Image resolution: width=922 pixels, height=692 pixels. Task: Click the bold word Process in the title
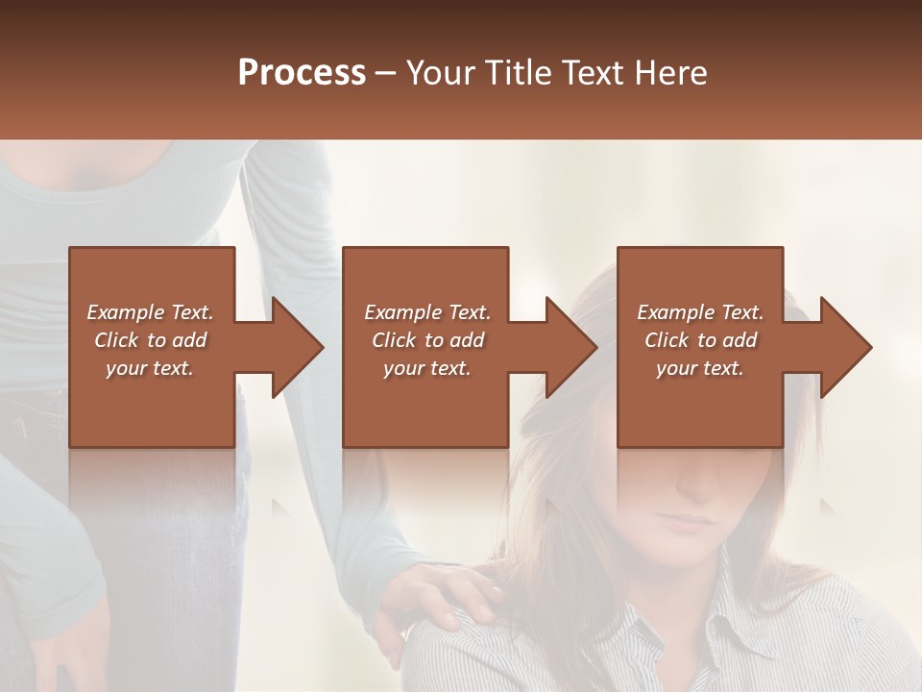302,72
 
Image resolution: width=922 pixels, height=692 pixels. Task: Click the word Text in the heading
590,72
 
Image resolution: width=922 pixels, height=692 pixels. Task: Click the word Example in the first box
126,312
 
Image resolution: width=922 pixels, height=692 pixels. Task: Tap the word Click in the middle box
393,340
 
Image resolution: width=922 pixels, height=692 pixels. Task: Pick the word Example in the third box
676,312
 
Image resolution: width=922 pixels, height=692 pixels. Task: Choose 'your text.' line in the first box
150,368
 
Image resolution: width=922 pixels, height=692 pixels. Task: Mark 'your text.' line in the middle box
426,368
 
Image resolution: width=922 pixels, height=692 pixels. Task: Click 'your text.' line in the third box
700,368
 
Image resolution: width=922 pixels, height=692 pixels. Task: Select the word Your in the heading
440,72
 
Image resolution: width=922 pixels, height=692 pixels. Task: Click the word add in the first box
190,340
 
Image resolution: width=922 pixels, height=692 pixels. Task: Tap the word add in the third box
740,340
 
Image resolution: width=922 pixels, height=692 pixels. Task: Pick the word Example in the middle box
402,312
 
